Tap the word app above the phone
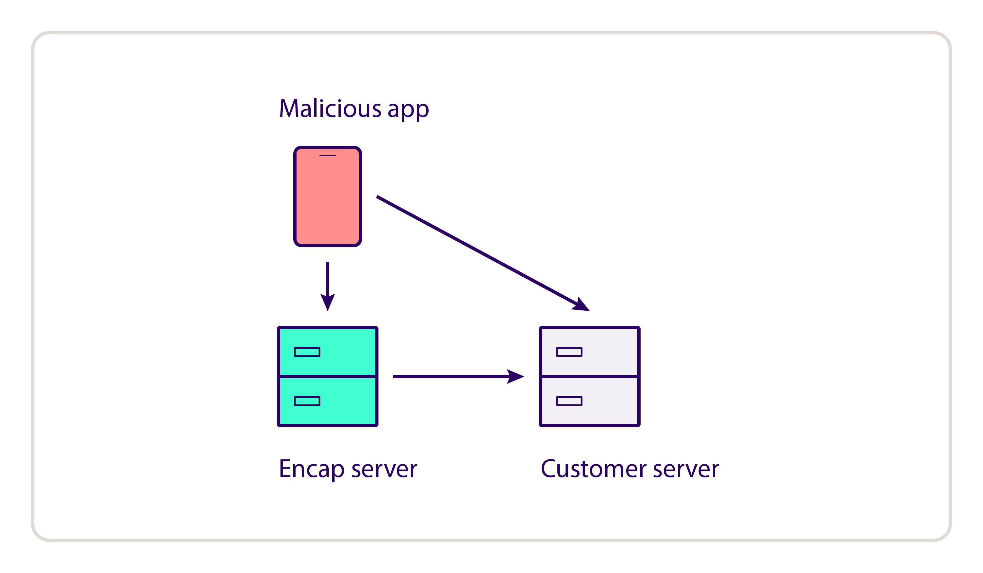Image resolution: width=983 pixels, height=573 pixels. pos(408,110)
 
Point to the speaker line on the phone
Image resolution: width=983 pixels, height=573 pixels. pos(328,156)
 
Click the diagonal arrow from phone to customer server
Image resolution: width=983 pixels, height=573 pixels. pos(476,250)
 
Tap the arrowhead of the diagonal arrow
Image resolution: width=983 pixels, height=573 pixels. pos(581,305)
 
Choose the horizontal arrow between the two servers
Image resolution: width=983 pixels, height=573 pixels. pos(449,377)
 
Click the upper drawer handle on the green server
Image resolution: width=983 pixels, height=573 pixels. pos(307,352)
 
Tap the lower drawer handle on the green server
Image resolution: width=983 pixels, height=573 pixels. pos(307,401)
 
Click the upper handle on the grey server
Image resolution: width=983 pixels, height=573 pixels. pos(569,352)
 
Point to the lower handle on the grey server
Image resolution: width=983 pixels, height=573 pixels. pos(569,401)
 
